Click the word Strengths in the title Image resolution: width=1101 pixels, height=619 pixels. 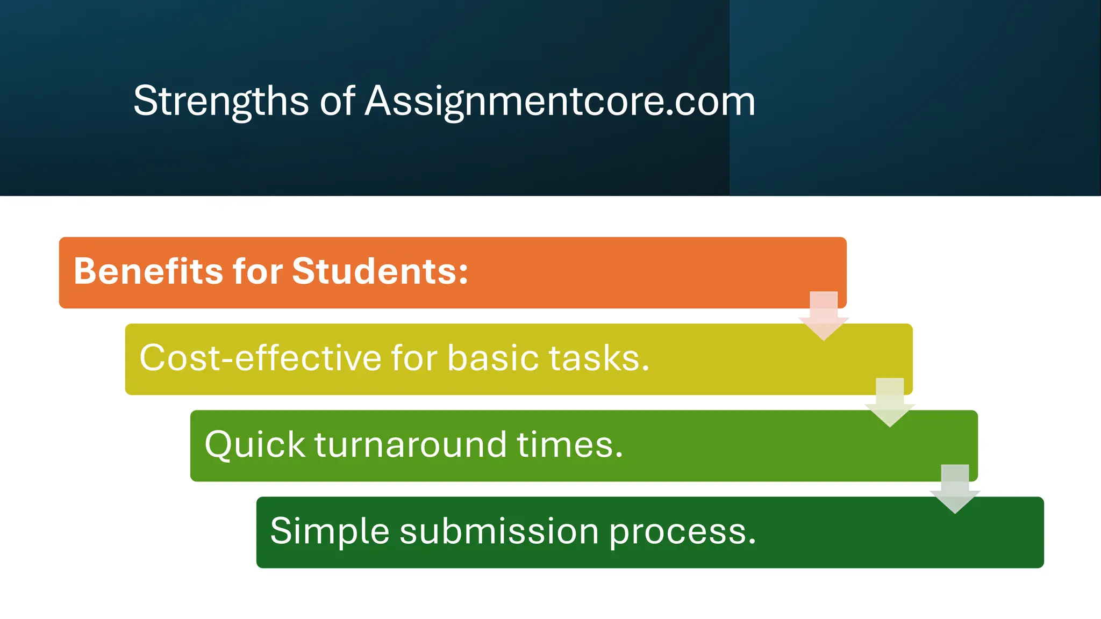click(221, 101)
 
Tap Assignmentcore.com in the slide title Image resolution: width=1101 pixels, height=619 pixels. click(560, 101)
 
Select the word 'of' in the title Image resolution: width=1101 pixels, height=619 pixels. click(337, 101)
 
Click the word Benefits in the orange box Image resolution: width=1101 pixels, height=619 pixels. click(148, 271)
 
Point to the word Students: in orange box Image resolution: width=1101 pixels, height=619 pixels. click(380, 271)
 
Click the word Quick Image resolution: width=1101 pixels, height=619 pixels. click(255, 445)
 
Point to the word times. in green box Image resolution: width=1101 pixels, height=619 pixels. click(570, 445)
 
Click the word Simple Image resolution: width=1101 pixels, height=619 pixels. click(330, 531)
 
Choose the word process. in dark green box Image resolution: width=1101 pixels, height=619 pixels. click(682, 531)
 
